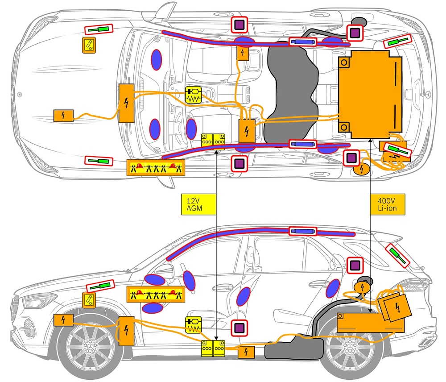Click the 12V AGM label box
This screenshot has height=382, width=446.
pyautogui.click(x=198, y=204)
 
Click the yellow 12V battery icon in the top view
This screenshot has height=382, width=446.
pyautogui.click(x=213, y=139)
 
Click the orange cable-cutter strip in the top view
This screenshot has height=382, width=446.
pyautogui.click(x=156, y=167)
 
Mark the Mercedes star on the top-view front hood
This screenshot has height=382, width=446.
pyautogui.click(x=18, y=94)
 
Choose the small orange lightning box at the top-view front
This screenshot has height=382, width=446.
pyautogui.click(x=64, y=116)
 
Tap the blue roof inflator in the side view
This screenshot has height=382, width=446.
pyautogui.click(x=303, y=231)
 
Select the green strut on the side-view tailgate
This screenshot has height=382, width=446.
pyautogui.click(x=397, y=255)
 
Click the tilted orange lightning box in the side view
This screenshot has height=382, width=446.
pyautogui.click(x=395, y=307)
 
